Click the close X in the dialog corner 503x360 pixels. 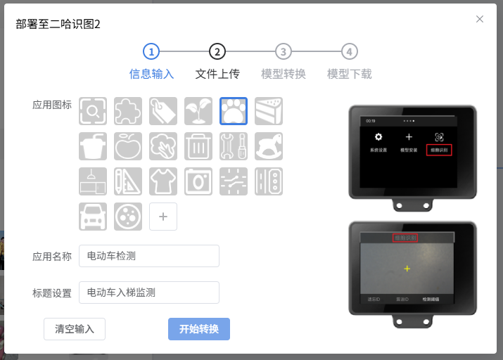click(x=480, y=19)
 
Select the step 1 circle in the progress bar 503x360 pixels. click(x=151, y=51)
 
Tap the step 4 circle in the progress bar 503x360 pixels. click(x=349, y=51)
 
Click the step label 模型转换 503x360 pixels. click(x=283, y=74)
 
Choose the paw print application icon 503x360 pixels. click(x=234, y=110)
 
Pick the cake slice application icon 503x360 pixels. click(x=269, y=110)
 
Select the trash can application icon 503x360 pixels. click(x=198, y=146)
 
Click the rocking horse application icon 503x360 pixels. click(x=269, y=146)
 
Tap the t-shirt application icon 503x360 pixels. click(x=163, y=181)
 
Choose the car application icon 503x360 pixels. click(x=93, y=216)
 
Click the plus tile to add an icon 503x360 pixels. click(x=163, y=217)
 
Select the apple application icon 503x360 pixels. click(x=128, y=146)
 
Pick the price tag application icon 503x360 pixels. click(x=163, y=110)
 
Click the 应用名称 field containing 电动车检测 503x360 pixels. click(x=149, y=256)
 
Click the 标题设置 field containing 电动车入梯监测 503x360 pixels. click(x=149, y=292)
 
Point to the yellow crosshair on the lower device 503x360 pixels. click(x=407, y=269)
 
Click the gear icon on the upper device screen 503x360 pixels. click(x=378, y=137)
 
